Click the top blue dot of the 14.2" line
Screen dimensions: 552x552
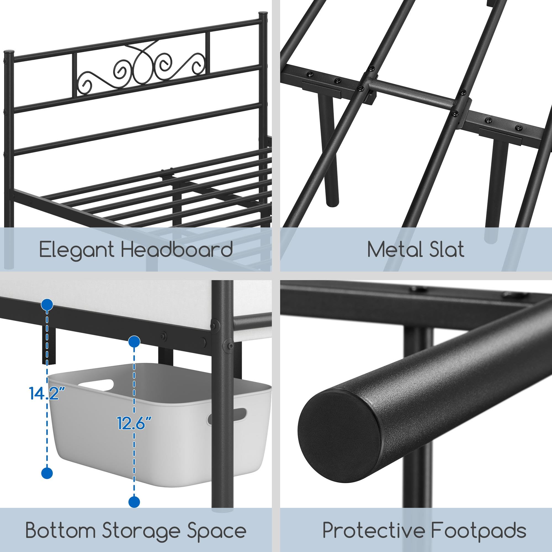[x=47, y=305]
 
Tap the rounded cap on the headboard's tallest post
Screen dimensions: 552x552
[x=263, y=14]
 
